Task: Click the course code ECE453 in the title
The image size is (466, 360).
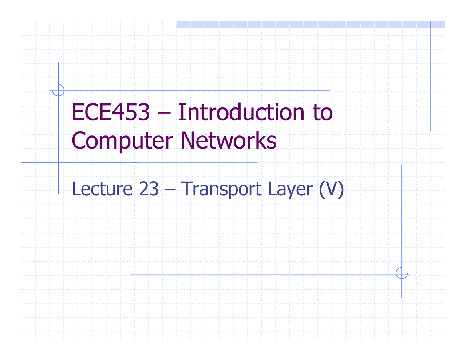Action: coord(110,112)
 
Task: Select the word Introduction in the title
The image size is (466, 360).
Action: coord(241,112)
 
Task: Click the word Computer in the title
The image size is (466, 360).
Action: coord(122,141)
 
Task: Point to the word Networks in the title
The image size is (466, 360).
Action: coord(228,141)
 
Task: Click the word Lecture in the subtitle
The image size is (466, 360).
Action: coord(102,189)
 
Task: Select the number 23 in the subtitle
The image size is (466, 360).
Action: coord(149,189)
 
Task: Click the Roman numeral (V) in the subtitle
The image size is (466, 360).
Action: coord(331,189)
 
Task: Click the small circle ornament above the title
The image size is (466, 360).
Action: coord(58,90)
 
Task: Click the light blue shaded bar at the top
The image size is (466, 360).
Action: coord(310,25)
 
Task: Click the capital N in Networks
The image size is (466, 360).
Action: coord(187,141)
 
